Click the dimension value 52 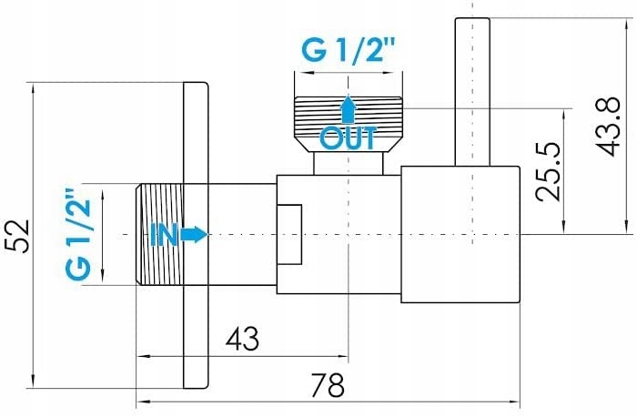(x=20, y=236)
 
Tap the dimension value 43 (x=243, y=339)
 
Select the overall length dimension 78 (x=328, y=385)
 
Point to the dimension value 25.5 (x=549, y=171)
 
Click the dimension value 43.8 (x=610, y=127)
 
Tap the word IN (x=164, y=235)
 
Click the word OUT (x=349, y=138)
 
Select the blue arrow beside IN (x=194, y=235)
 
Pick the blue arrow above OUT (x=349, y=109)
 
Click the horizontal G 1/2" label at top (x=349, y=51)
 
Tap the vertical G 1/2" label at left (x=78, y=234)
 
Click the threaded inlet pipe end (x=159, y=235)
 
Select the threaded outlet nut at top (x=349, y=124)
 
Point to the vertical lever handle (x=472, y=92)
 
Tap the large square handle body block (x=460, y=235)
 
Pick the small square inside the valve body (x=289, y=235)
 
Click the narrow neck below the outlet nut (x=349, y=164)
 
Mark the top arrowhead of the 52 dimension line (x=33, y=88)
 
